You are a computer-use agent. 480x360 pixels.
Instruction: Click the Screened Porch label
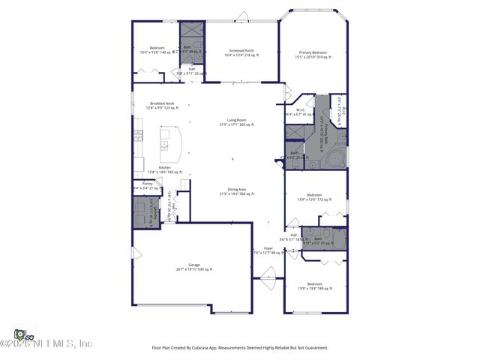241,52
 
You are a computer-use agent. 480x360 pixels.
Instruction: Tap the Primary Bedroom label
314,53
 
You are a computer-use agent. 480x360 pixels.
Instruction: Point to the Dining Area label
237,191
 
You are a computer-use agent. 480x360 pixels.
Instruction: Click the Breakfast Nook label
162,106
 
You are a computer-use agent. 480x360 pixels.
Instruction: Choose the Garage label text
193,266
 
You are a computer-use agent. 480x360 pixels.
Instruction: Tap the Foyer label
268,249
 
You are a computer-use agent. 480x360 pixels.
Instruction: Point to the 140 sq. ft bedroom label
156,49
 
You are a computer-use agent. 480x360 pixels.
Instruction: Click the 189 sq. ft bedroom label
315,286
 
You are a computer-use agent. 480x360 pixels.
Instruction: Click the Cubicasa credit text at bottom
240,348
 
